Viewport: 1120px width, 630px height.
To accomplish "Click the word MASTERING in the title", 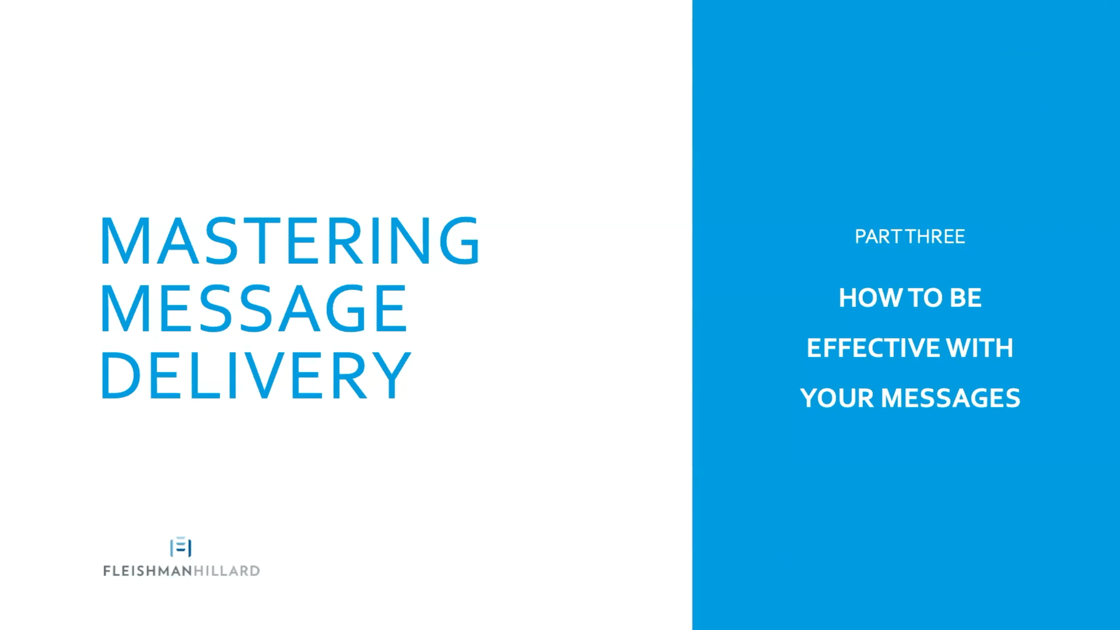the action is [290, 240].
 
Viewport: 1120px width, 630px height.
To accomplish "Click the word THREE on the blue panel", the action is [935, 237].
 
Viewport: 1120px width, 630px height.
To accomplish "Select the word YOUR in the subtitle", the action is [837, 398].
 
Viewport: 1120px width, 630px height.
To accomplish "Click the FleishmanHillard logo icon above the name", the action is [181, 547].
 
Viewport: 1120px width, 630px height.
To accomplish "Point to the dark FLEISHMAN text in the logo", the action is [148, 571].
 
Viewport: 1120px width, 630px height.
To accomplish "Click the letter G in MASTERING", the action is [460, 240].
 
